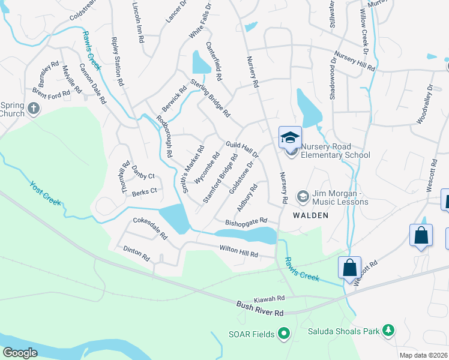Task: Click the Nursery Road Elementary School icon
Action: (x=289, y=138)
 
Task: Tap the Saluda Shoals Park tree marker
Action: (x=389, y=330)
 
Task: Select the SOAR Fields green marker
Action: (x=285, y=334)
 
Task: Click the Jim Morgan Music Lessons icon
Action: (x=303, y=196)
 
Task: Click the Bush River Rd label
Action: (x=259, y=309)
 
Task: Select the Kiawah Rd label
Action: (x=268, y=298)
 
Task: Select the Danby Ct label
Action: (x=143, y=172)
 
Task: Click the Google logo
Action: (x=20, y=353)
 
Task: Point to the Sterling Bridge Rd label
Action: (x=210, y=97)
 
